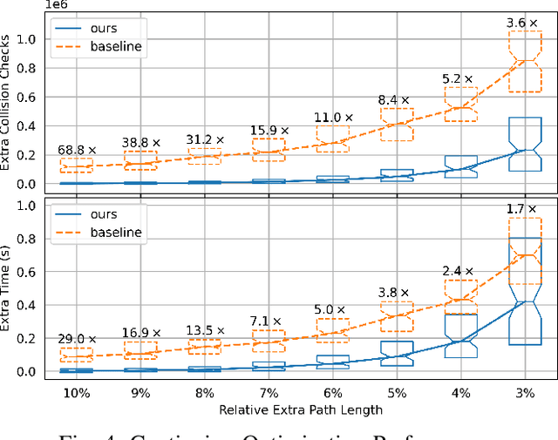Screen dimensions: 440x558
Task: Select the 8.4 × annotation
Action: [x=396, y=98]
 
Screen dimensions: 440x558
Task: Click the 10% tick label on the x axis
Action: [x=77, y=393]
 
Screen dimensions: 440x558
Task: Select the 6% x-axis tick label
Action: [x=332, y=393]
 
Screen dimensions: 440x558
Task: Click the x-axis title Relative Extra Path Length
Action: [x=300, y=409]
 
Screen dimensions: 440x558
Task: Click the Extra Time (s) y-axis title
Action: [x=10, y=288]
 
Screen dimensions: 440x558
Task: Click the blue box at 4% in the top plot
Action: [x=459, y=166]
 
